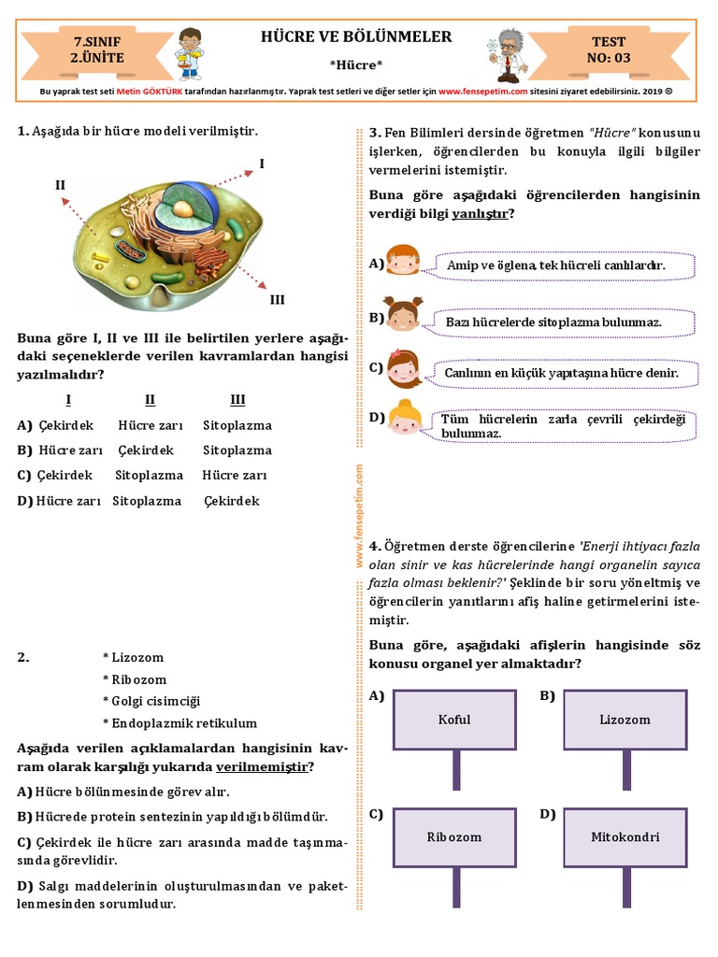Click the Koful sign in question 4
point(454,720)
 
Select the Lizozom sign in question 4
point(625,720)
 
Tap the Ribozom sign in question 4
point(454,836)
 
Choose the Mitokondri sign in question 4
point(625,836)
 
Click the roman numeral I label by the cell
point(262,164)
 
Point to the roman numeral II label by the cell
point(60,185)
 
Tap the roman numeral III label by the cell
point(277,300)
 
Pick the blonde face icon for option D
point(405,418)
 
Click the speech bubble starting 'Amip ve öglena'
point(566,266)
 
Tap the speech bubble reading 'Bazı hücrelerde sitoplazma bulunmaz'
point(566,322)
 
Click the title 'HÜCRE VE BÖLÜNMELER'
point(356,37)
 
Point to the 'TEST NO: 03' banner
point(609,50)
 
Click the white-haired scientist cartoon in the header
point(508,53)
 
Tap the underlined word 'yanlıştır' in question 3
point(481,213)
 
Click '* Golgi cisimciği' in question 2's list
point(151,701)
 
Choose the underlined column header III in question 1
point(237,400)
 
